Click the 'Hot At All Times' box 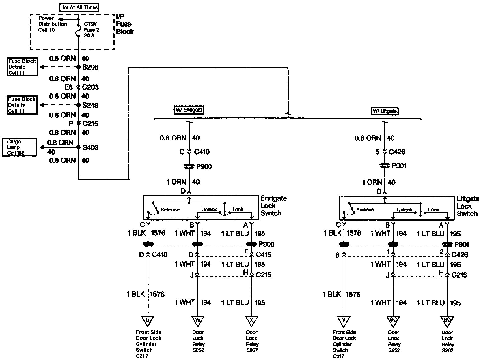[x=79, y=7]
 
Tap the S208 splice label [x=90, y=67]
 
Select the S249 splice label [x=90, y=105]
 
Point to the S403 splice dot [x=78, y=147]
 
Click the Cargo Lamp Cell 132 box [x=19, y=147]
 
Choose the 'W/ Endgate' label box [x=189, y=110]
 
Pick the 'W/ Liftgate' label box [x=385, y=111]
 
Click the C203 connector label [x=90, y=87]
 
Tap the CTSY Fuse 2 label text [x=91, y=30]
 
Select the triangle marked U [x=148, y=320]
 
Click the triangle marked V [x=344, y=321]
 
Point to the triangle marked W [x=197, y=320]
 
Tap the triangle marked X [x=251, y=320]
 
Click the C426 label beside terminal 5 [x=397, y=152]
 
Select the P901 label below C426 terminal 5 [x=399, y=166]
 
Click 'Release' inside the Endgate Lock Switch [x=170, y=210]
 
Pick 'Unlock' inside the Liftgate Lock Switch [x=404, y=210]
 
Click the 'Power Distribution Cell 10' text [x=53, y=24]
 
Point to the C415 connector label [x=263, y=254]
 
